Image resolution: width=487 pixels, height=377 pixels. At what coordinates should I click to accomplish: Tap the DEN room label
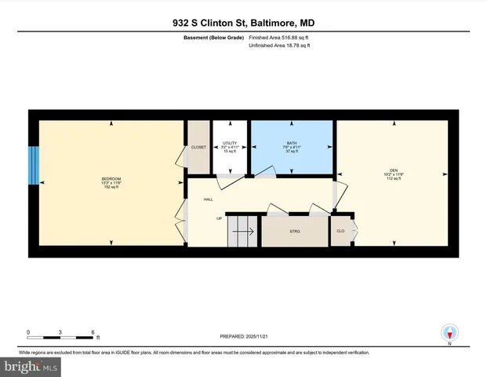pos(394,171)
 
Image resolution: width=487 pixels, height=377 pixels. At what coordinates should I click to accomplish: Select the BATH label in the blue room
pos(291,143)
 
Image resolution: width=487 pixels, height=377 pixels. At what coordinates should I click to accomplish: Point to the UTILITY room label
pos(230,143)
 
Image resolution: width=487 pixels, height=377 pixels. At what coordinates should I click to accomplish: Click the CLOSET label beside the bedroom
pos(198,147)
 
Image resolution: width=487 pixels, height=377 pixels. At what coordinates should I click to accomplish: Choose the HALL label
pos(209,199)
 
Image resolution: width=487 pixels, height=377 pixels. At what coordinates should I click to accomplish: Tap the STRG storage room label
pos(295,232)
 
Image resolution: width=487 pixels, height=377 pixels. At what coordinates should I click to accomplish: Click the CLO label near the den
pos(340,232)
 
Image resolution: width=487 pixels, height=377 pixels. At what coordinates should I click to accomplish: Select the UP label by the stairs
pos(220,218)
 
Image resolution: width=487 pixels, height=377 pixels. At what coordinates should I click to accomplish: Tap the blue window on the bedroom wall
pos(33,165)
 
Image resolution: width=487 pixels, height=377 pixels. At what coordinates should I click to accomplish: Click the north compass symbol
pos(449,333)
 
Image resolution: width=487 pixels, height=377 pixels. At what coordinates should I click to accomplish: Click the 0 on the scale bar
pos(28,331)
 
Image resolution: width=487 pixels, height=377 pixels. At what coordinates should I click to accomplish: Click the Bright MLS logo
pos(31,366)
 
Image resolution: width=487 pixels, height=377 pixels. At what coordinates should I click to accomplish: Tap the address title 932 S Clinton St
pos(243,24)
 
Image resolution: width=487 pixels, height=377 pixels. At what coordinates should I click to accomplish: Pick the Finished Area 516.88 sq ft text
pos(279,38)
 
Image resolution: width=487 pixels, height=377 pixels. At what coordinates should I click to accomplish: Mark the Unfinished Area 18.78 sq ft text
pos(279,46)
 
